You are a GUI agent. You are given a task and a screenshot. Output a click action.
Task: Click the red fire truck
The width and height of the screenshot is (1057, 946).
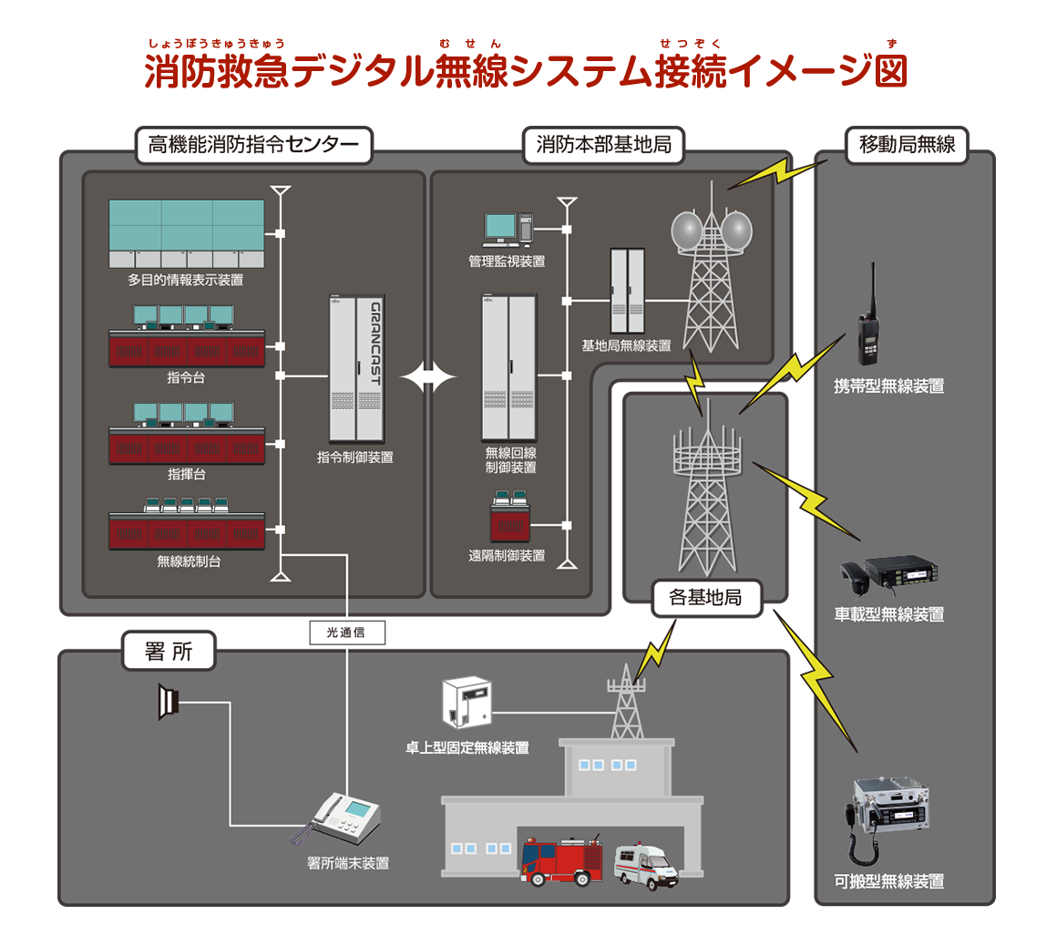561,861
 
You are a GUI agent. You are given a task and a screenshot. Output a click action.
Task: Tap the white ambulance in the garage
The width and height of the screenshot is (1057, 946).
645,866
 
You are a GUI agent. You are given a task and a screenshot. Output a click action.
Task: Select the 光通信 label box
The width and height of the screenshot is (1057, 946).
346,632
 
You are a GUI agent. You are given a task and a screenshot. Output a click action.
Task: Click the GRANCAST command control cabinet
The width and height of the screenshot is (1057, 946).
356,368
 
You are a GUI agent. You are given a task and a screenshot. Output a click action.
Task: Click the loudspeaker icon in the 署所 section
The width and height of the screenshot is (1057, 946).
168,702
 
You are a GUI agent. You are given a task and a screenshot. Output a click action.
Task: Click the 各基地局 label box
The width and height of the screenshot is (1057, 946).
705,598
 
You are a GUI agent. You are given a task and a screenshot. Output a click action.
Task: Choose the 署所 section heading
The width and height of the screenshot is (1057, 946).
169,652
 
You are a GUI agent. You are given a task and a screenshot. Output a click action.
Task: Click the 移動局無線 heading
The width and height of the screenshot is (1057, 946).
906,144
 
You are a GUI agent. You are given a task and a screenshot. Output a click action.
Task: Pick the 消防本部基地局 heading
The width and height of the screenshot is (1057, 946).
603,144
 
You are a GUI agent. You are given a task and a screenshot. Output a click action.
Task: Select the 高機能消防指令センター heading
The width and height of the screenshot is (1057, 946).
254,144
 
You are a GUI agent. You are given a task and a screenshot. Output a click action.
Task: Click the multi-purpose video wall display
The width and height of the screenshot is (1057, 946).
187,233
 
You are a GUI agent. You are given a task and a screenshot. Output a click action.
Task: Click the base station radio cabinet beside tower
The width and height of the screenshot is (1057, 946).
627,293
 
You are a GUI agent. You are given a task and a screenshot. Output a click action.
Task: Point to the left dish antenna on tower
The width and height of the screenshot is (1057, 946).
688,231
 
